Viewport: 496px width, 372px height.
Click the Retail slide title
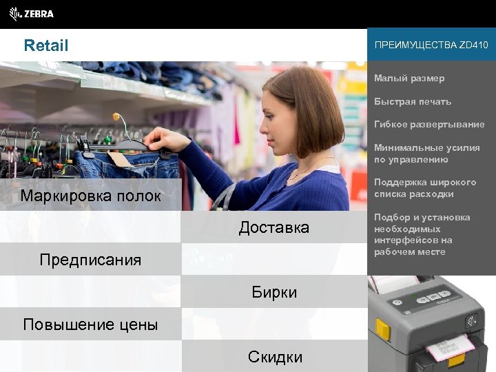tap(46, 46)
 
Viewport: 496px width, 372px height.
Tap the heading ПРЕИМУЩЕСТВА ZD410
tap(431, 45)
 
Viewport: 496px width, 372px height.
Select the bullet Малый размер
tap(409, 79)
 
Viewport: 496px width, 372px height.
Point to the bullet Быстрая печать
tap(413, 102)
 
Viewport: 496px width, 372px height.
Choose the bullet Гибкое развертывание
tap(429, 125)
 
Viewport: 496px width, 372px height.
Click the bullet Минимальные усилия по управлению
tap(426, 154)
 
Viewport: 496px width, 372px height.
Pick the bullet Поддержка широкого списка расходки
tap(425, 188)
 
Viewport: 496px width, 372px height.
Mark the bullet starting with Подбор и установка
tap(422, 234)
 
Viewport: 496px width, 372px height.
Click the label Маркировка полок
tap(90, 196)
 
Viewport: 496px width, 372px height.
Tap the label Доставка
tap(273, 227)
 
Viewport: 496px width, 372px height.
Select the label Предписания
tap(90, 260)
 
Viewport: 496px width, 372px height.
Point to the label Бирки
tap(273, 292)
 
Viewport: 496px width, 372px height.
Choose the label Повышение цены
tap(90, 324)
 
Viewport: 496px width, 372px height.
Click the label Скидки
tap(273, 356)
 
